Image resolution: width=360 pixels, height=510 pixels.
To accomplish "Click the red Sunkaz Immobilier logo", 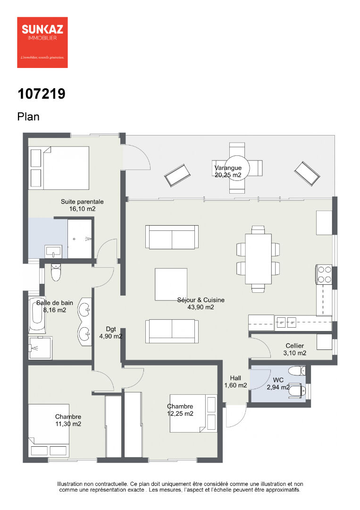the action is [42, 42].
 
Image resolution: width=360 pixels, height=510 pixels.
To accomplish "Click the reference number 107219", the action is [41, 94].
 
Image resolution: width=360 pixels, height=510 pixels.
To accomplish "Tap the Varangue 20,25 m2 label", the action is [228, 171].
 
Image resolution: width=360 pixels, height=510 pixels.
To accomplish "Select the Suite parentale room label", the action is [82, 202].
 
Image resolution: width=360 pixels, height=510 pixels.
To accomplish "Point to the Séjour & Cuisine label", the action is [201, 300].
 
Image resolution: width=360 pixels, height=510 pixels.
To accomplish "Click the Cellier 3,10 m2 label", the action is [295, 349].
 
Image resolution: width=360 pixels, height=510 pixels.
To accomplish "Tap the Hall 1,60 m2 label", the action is [235, 382].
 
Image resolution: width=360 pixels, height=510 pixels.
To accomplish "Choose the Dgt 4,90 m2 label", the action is [111, 333].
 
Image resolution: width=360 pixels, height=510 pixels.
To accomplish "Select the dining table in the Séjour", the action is [258, 259].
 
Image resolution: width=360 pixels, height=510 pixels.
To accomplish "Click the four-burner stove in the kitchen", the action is [324, 274].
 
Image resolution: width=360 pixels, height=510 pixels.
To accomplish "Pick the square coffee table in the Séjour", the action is [171, 284].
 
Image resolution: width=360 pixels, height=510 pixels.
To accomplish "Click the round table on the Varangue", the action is [237, 168].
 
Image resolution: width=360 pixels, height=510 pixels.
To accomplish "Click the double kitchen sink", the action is [286, 323].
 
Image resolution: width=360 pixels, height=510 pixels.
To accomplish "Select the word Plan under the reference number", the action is [28, 117].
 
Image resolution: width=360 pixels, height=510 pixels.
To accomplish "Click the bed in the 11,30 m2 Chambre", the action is [49, 424].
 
